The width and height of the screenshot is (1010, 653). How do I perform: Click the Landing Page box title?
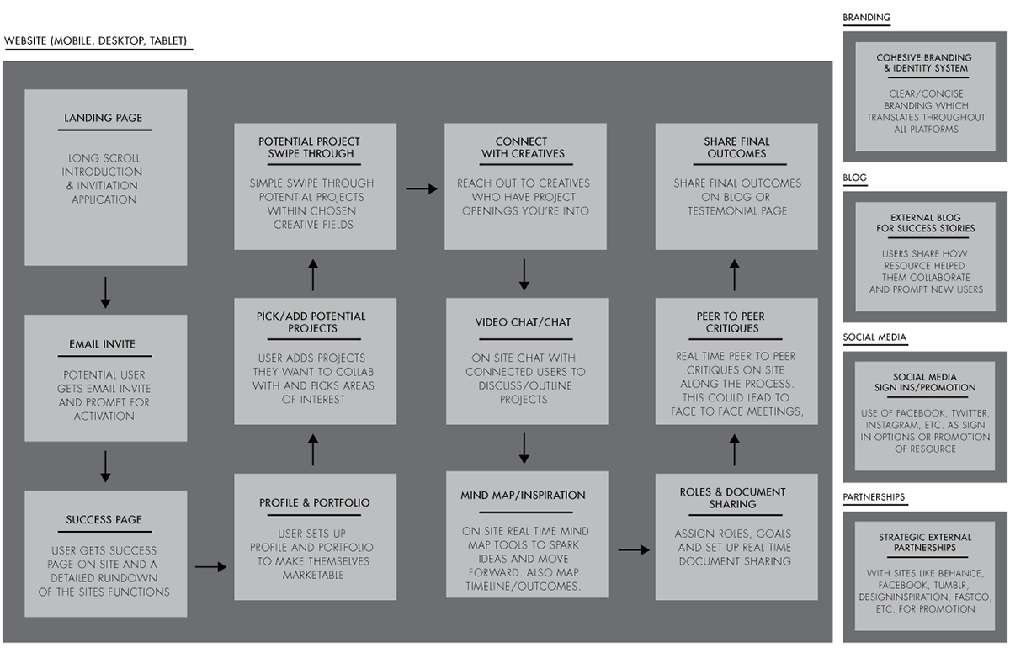(x=104, y=118)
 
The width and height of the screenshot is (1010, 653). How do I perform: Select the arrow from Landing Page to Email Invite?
(x=105, y=293)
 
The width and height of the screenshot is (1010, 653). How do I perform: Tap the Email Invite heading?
(x=103, y=344)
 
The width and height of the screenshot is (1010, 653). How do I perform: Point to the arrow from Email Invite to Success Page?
(x=105, y=466)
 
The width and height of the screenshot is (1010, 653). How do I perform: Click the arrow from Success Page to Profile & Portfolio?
(x=211, y=566)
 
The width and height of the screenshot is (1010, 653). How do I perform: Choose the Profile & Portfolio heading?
(x=314, y=503)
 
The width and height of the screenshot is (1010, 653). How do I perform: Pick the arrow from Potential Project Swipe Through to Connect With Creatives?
(x=422, y=188)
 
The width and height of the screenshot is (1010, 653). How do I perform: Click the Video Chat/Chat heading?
(x=523, y=322)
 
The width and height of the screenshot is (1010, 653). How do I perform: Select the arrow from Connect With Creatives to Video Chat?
(x=524, y=274)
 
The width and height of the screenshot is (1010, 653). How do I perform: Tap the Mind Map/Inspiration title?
(x=523, y=496)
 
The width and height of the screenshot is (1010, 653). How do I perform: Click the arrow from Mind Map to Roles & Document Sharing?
(x=634, y=549)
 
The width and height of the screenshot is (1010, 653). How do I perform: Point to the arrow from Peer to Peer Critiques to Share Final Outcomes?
(x=735, y=275)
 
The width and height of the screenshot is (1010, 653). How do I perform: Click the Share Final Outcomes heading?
(x=736, y=147)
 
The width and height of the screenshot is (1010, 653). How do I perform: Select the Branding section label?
(x=867, y=18)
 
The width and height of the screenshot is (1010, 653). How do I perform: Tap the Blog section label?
(x=855, y=178)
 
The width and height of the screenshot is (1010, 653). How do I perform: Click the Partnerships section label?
(x=874, y=497)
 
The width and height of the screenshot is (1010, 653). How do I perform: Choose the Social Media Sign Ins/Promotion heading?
(x=925, y=382)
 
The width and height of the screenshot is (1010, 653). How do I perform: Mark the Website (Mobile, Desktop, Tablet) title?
(x=96, y=41)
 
